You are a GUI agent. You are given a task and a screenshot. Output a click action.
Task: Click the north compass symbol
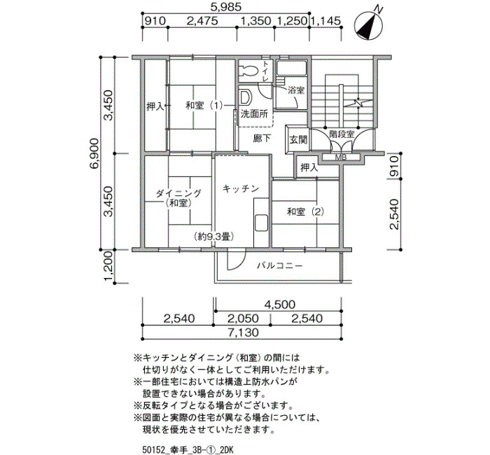[369, 24]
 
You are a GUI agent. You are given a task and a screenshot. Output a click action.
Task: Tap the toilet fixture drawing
[248, 71]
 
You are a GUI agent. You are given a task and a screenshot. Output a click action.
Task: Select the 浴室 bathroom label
[296, 90]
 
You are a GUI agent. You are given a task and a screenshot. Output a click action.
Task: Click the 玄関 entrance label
[298, 140]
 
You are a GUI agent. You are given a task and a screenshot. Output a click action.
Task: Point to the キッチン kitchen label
[241, 188]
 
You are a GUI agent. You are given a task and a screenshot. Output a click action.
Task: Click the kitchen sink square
[261, 223]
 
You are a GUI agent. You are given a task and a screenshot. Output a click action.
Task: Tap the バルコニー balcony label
[280, 266]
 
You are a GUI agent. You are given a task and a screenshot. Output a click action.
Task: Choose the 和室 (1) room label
[204, 106]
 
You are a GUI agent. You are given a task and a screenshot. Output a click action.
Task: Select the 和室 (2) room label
[305, 212]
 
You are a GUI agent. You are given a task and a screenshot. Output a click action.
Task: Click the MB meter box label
[341, 157]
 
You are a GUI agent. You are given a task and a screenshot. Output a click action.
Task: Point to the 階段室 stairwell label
[342, 134]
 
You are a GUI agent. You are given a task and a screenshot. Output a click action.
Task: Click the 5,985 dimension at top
[227, 7]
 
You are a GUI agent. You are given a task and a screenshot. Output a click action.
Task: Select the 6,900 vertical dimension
[94, 153]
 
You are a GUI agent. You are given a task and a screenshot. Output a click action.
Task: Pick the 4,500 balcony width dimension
[279, 304]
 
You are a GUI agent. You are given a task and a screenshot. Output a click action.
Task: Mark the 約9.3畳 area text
[213, 237]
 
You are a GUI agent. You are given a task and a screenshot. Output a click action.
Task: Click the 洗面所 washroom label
[254, 114]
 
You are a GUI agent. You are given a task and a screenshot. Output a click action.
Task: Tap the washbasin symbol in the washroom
[246, 97]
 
